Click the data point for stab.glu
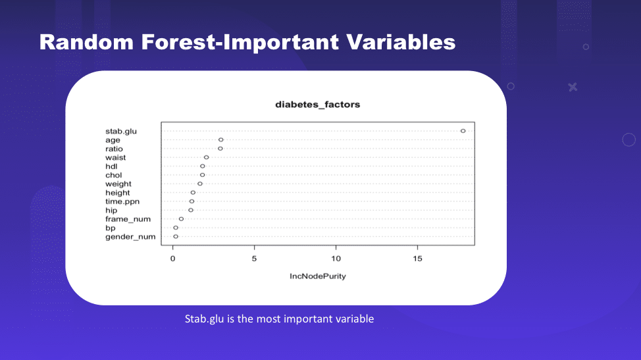point(463,131)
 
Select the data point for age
point(220,140)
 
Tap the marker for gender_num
point(176,236)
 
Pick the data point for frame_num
point(181,219)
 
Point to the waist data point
point(207,157)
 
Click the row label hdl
point(111,167)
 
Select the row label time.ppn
point(122,201)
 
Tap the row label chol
point(114,175)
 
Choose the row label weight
point(118,184)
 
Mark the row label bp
point(111,228)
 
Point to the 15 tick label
point(417,259)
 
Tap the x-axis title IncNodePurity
point(318,276)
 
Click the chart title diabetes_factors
point(318,105)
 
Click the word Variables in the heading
point(401,42)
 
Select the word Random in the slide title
point(87,42)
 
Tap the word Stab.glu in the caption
point(204,319)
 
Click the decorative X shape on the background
point(573,87)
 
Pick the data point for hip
point(191,210)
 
